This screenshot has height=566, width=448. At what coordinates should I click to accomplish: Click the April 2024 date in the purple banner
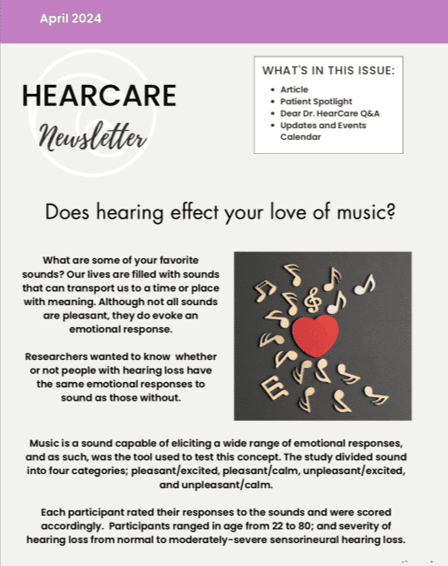(71, 19)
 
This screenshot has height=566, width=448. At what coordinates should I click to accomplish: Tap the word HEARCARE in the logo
(99, 96)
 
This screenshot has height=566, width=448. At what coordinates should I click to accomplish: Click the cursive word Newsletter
(93, 136)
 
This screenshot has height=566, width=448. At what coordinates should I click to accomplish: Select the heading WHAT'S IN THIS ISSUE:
(329, 71)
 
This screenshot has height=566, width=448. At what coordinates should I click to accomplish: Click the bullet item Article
(294, 89)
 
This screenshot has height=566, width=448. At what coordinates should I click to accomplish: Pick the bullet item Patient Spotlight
(316, 102)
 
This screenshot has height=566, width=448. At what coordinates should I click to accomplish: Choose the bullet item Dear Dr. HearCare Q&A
(330, 114)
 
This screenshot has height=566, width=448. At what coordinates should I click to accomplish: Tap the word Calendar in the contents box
(300, 137)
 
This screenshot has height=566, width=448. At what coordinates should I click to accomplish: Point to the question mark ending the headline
(390, 211)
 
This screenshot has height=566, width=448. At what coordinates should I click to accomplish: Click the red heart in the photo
(315, 335)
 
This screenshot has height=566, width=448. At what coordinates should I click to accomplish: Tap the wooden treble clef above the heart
(313, 300)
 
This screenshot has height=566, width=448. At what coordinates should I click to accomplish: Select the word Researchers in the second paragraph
(57, 356)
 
